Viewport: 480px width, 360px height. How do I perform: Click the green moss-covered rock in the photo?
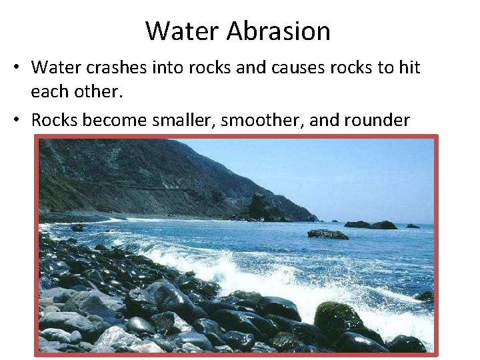tap(339, 316)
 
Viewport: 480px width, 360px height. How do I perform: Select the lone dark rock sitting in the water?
tap(327, 234)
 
